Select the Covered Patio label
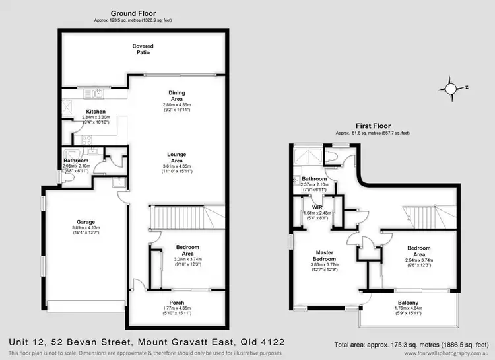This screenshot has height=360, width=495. tap(143, 50)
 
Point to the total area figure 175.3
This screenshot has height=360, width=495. tap(398, 345)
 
